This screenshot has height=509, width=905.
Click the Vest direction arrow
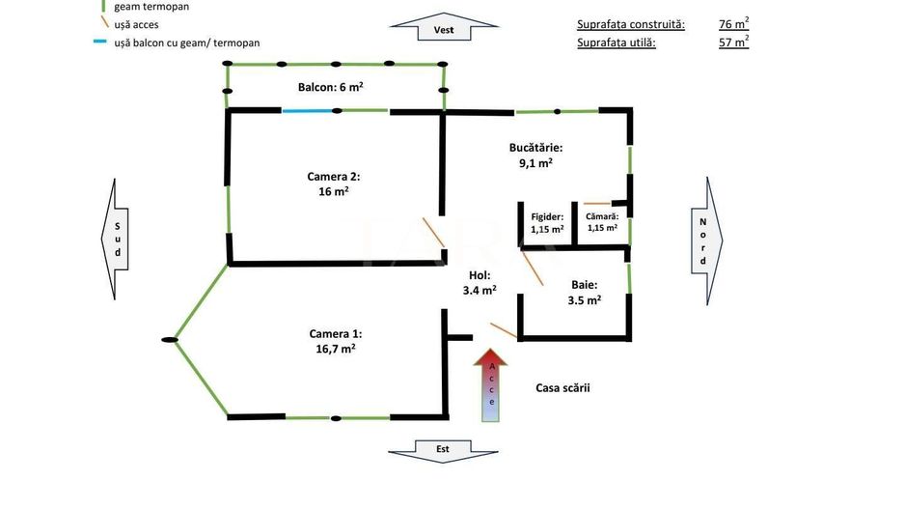[443, 29]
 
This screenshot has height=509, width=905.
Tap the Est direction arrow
[443, 450]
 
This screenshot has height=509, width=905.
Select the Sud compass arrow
[116, 239]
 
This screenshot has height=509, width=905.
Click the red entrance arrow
[492, 385]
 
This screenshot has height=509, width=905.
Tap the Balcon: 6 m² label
[330, 87]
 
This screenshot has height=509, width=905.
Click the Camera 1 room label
[335, 340]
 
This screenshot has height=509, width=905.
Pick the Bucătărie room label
[535, 156]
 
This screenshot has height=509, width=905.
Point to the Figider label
[547, 223]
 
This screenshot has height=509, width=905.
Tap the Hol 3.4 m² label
[480, 282]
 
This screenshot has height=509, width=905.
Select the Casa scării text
[562, 388]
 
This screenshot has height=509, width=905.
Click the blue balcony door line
[309, 111]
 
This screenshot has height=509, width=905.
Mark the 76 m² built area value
[733, 23]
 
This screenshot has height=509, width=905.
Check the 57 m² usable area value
[733, 42]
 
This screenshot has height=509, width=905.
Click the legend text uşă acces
[136, 24]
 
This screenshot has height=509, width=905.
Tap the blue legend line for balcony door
[99, 42]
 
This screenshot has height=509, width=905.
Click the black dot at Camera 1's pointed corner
[171, 339]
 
